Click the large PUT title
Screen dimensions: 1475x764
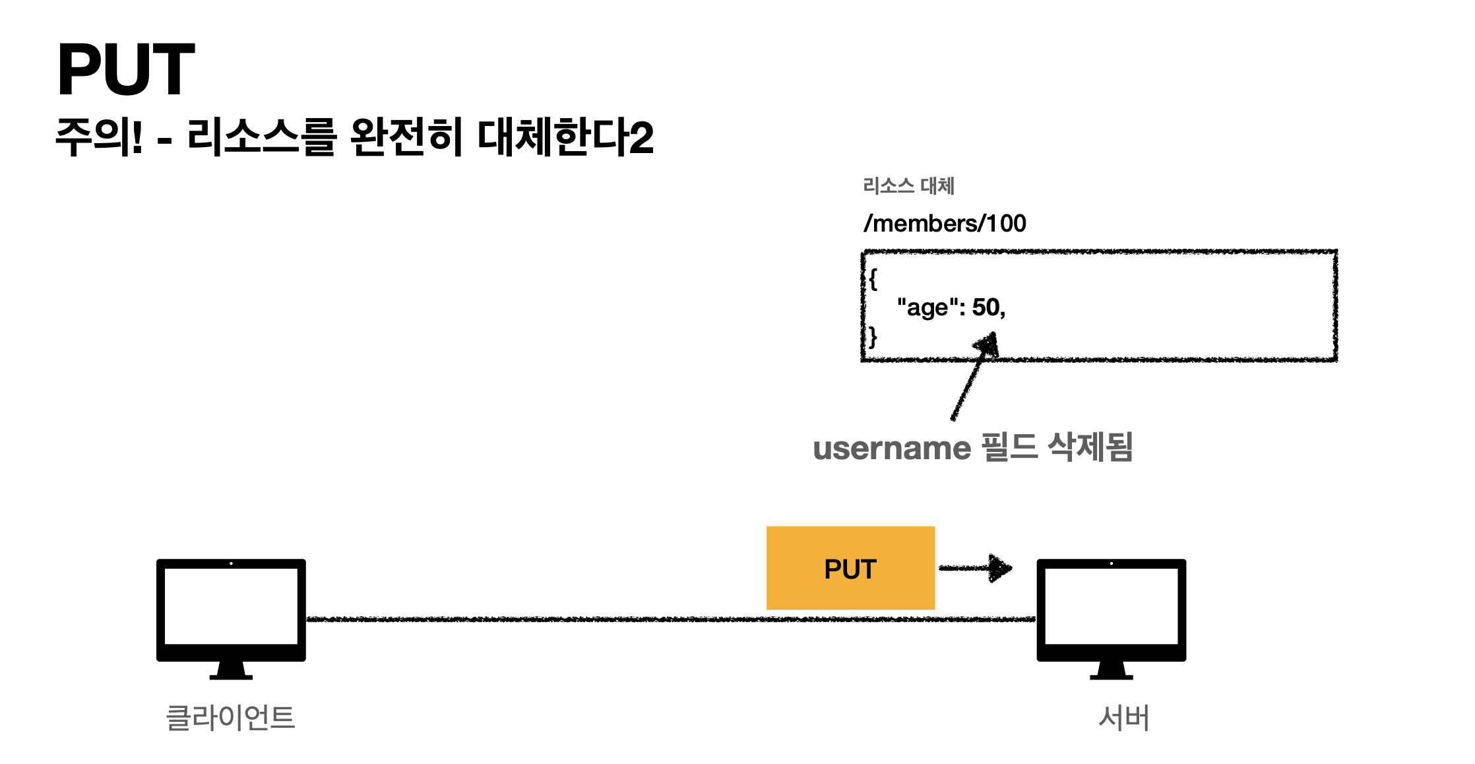[x=126, y=69]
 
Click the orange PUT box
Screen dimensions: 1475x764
[x=850, y=568]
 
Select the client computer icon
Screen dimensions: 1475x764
[x=231, y=619]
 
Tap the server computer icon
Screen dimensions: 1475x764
[x=1112, y=619]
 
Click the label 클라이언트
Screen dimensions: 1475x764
[x=230, y=717]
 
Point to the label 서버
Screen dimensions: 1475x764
[x=1124, y=717]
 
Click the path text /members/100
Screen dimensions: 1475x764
[x=945, y=224]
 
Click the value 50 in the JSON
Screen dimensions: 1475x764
[x=986, y=307]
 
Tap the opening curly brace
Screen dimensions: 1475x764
[x=873, y=278]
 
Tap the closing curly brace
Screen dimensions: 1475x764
[x=873, y=336]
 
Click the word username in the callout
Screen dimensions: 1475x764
[x=892, y=449]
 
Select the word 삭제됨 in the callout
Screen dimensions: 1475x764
[x=1090, y=447]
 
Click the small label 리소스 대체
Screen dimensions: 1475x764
[x=908, y=186]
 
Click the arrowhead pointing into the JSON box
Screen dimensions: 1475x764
[x=987, y=344]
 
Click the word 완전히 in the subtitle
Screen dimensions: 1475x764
[x=405, y=137]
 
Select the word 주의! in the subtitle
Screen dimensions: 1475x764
[x=99, y=137]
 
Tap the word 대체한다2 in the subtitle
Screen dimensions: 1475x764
[x=565, y=137]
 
